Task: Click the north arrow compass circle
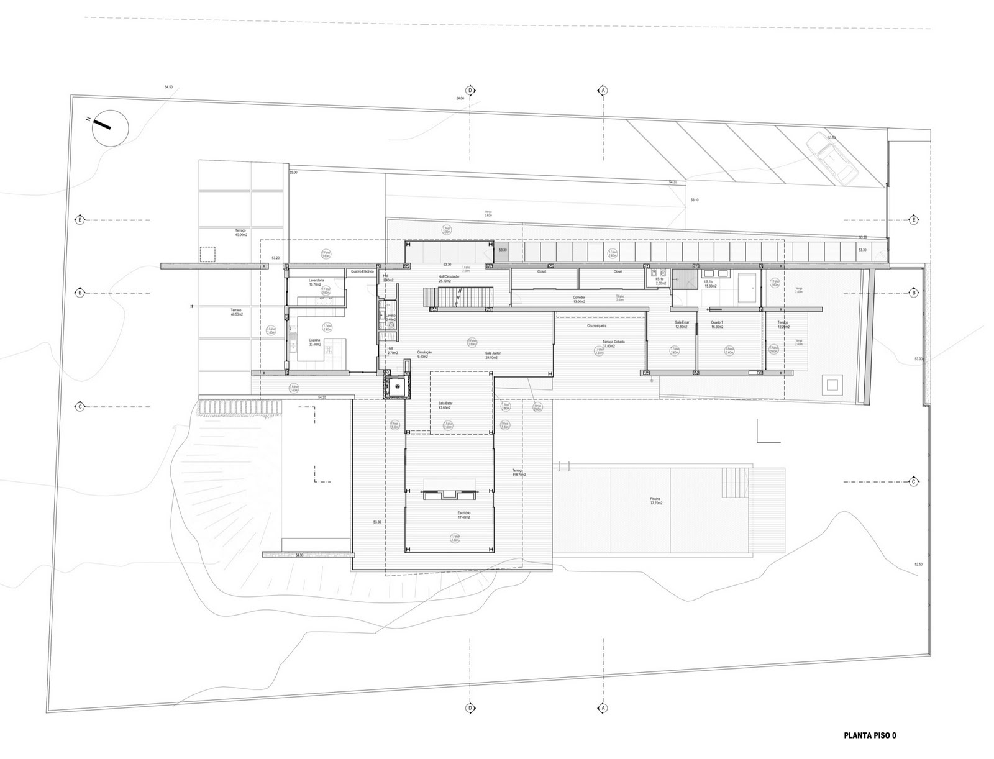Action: click(110, 129)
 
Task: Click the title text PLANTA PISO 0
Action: click(869, 735)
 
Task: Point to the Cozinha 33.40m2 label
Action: click(314, 342)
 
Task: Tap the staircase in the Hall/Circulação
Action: click(459, 298)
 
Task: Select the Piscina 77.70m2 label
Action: click(656, 501)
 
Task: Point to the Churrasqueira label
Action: click(596, 325)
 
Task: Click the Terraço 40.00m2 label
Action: click(241, 232)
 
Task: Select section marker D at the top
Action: click(470, 91)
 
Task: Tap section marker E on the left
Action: click(80, 220)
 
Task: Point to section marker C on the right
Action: click(914, 481)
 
